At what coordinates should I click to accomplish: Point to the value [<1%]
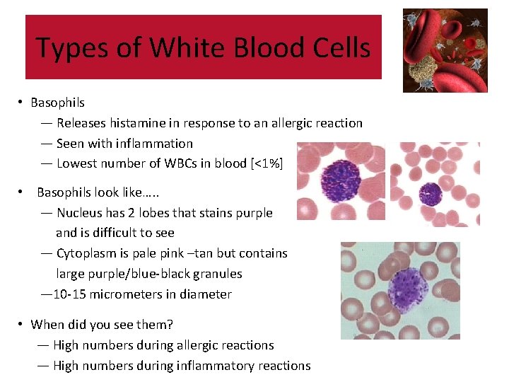pos(267,163)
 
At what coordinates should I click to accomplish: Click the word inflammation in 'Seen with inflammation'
pos(156,144)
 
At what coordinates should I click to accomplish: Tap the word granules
pos(213,274)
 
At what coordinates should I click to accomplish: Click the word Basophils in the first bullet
pos(57,103)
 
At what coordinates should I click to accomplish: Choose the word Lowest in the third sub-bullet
pos(76,163)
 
